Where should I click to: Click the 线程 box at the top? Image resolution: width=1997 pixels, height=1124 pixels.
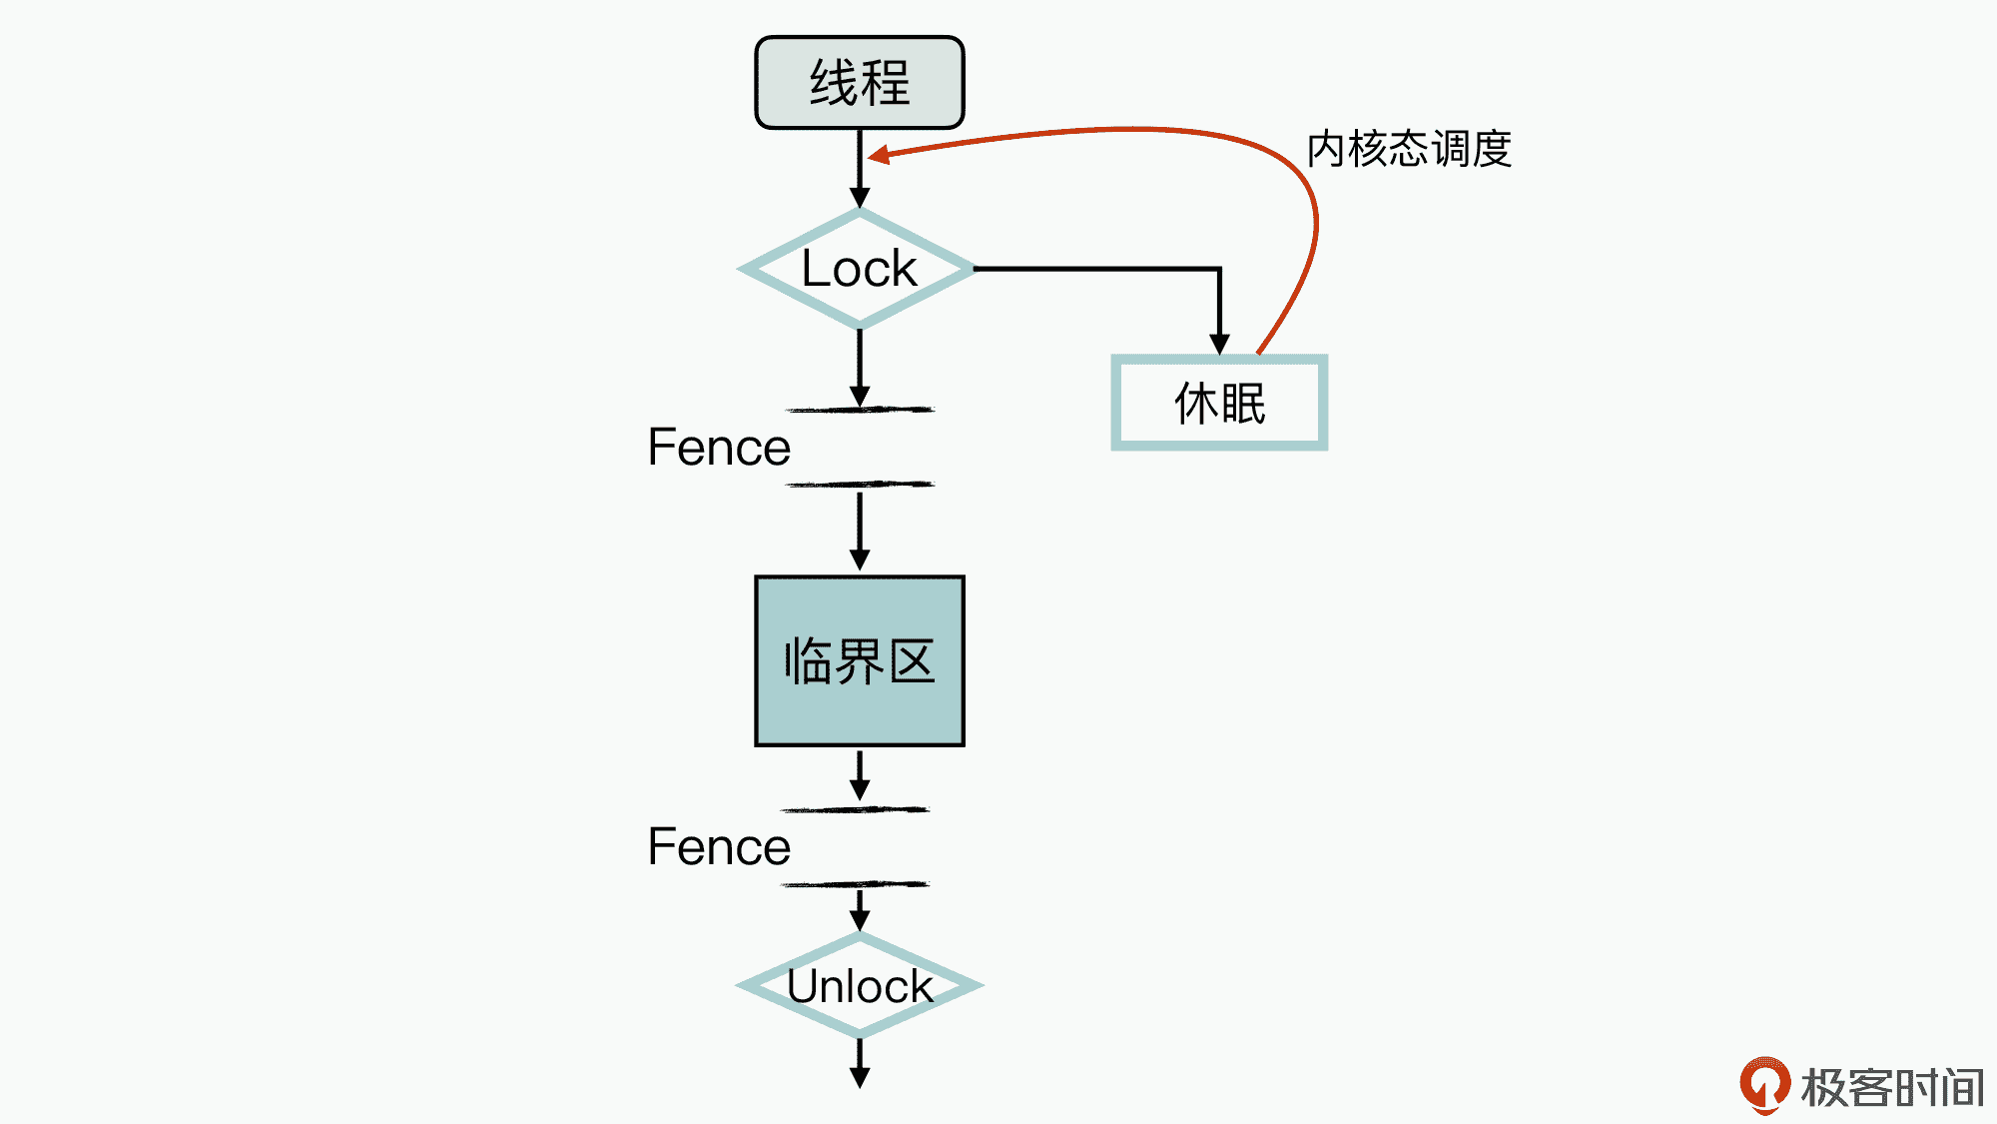(859, 83)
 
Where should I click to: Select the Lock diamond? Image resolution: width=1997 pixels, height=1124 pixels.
(859, 269)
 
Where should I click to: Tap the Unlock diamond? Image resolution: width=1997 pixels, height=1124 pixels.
(859, 986)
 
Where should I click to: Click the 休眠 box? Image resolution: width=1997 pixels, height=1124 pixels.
(1219, 403)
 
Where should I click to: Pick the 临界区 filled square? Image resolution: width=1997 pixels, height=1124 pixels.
(859, 660)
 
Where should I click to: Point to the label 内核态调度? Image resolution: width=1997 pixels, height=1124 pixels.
(1409, 150)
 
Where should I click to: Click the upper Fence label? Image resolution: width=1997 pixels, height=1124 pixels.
(719, 448)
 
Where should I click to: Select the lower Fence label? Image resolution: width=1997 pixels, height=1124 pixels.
(719, 847)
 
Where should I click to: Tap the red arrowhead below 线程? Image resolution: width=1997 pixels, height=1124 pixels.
(879, 155)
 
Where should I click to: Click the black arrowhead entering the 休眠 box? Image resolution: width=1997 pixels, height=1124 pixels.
(1219, 344)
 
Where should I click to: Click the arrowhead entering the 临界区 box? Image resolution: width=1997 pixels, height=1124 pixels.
(860, 560)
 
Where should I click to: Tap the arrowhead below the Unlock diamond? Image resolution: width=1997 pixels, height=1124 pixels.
(860, 1077)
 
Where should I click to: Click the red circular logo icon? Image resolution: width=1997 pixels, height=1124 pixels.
(1764, 1084)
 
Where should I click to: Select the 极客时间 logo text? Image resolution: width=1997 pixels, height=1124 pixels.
(1892, 1088)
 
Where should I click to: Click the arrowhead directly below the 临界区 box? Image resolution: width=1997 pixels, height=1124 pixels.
(860, 789)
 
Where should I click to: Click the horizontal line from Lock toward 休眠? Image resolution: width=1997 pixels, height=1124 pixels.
(1098, 269)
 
